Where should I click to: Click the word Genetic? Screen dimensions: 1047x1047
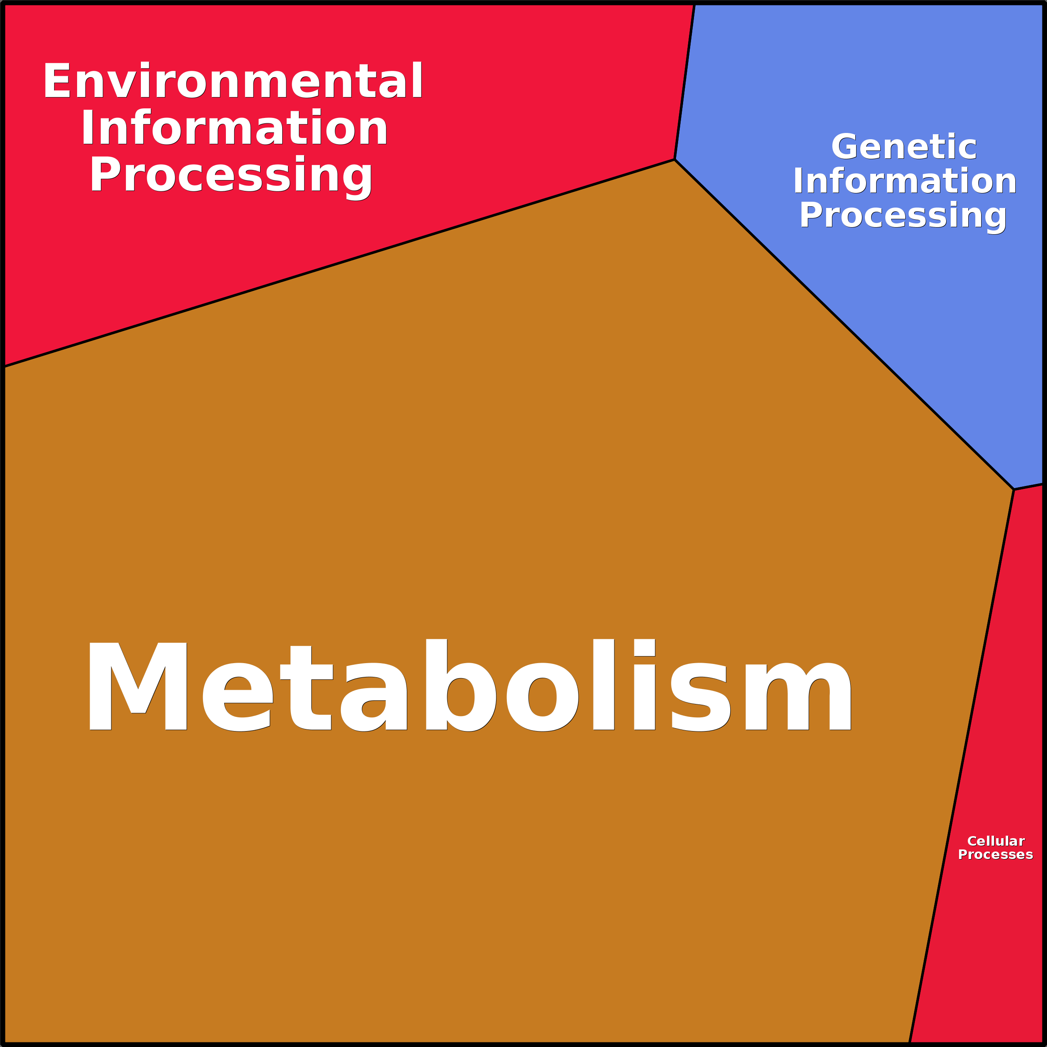point(904,147)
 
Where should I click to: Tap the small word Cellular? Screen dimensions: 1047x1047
point(995,841)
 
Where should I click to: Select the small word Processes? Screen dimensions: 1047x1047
point(995,854)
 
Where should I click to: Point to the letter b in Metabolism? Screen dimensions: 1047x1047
point(461,685)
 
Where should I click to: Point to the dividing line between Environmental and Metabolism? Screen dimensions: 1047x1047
point(339,263)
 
